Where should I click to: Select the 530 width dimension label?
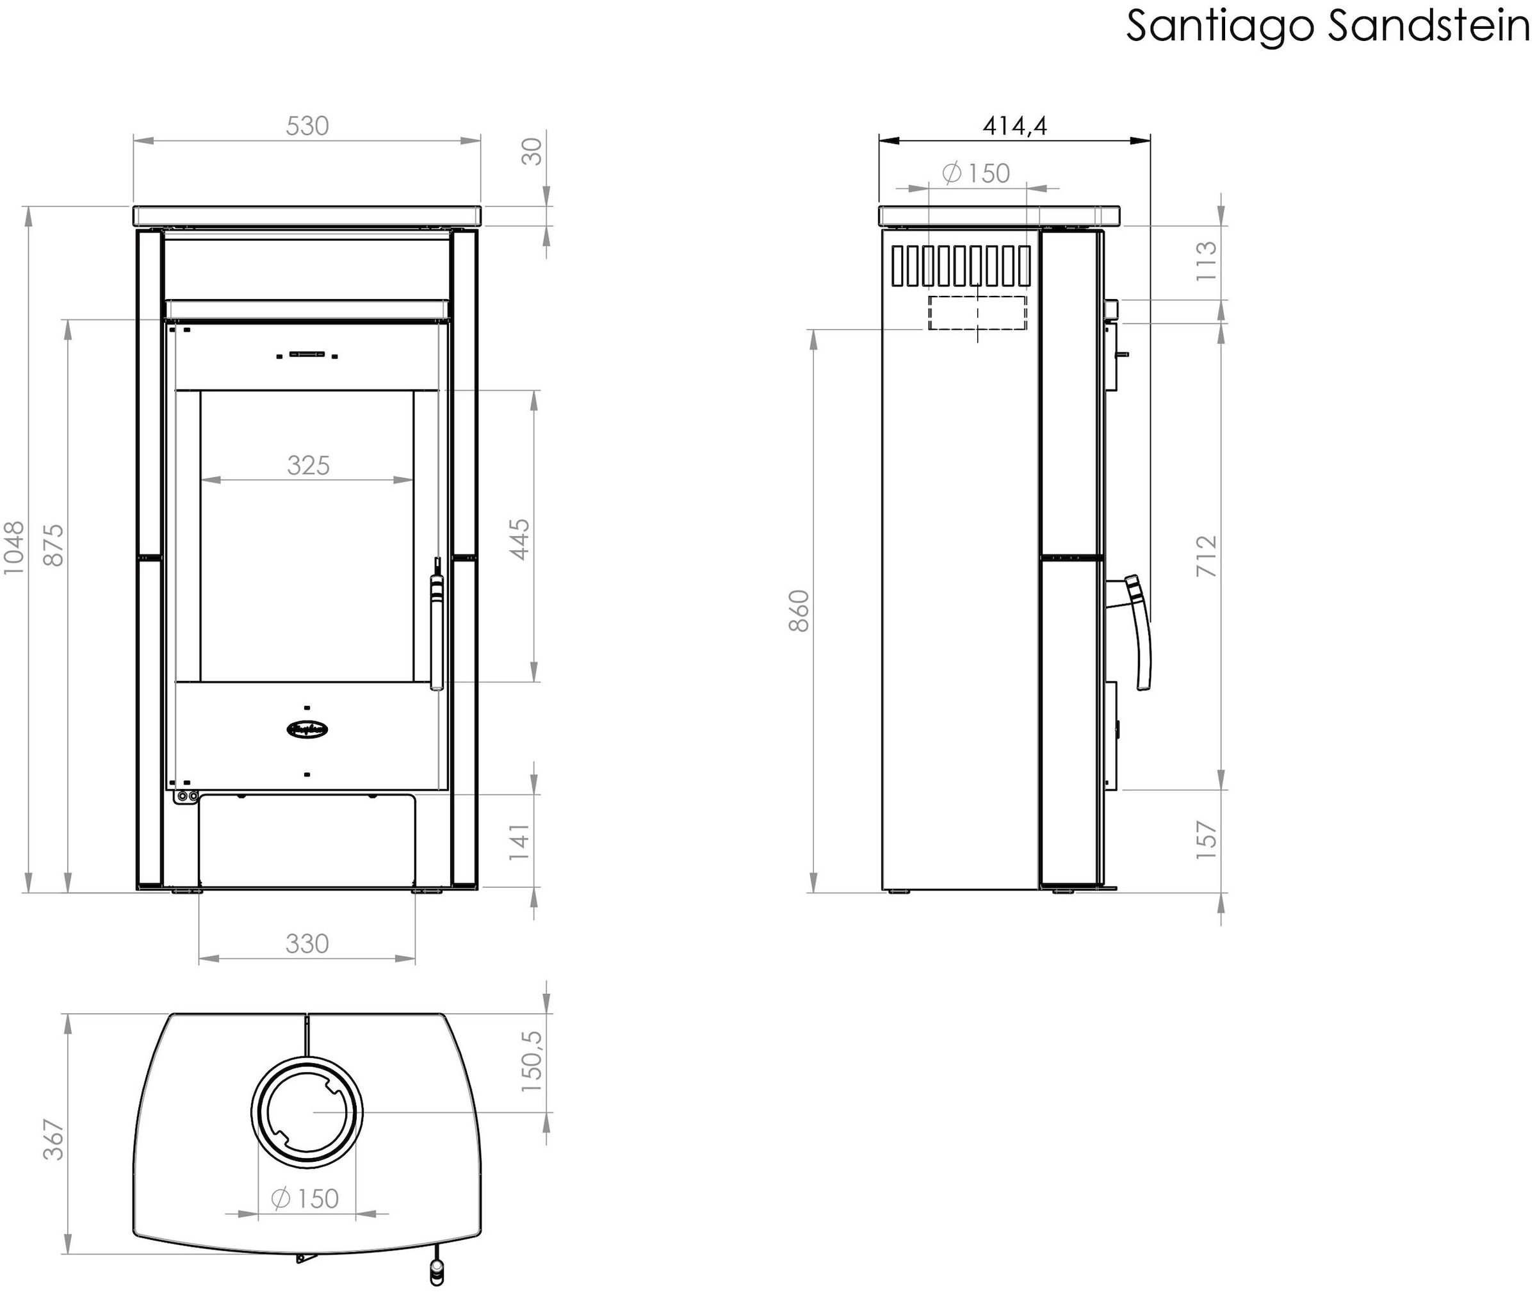307,126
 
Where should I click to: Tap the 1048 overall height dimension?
14,548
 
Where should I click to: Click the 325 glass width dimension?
308,466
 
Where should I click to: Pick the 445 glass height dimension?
519,539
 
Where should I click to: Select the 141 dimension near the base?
519,843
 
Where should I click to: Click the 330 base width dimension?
307,943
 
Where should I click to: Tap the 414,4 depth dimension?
1015,126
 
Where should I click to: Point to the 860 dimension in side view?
799,611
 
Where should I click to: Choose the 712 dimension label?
1207,556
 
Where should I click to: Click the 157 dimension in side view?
1207,840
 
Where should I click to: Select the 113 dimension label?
1207,261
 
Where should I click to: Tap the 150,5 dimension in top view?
532,1061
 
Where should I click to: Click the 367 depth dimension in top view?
54,1139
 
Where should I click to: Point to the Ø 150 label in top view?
305,1199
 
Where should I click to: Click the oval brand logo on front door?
307,729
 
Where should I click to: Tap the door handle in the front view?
437,631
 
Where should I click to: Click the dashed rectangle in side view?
977,313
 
